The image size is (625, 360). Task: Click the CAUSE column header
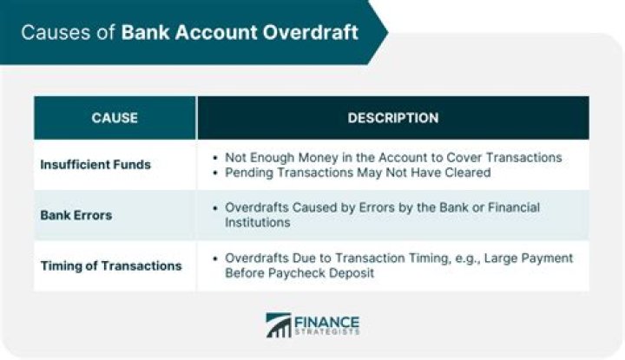(115, 118)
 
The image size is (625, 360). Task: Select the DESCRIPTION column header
(393, 118)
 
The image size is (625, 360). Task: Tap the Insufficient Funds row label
(95, 165)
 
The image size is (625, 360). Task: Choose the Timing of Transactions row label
(111, 265)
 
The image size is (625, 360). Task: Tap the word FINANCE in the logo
(327, 321)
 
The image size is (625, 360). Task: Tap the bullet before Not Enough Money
(215, 158)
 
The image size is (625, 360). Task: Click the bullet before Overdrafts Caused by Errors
(215, 208)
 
